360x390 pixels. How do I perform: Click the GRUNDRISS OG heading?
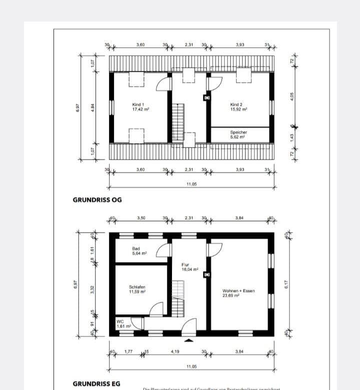(97, 199)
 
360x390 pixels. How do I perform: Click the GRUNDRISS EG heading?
(97, 384)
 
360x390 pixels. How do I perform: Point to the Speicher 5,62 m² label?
(238, 134)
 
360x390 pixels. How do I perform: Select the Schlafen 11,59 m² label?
(137, 289)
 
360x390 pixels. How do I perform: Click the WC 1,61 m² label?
(123, 324)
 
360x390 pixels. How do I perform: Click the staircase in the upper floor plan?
(178, 123)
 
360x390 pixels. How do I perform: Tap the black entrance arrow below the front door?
(188, 340)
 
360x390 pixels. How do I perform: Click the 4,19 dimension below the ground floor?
(175, 352)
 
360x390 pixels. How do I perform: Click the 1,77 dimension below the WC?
(128, 352)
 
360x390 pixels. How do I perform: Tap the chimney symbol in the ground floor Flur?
(206, 274)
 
